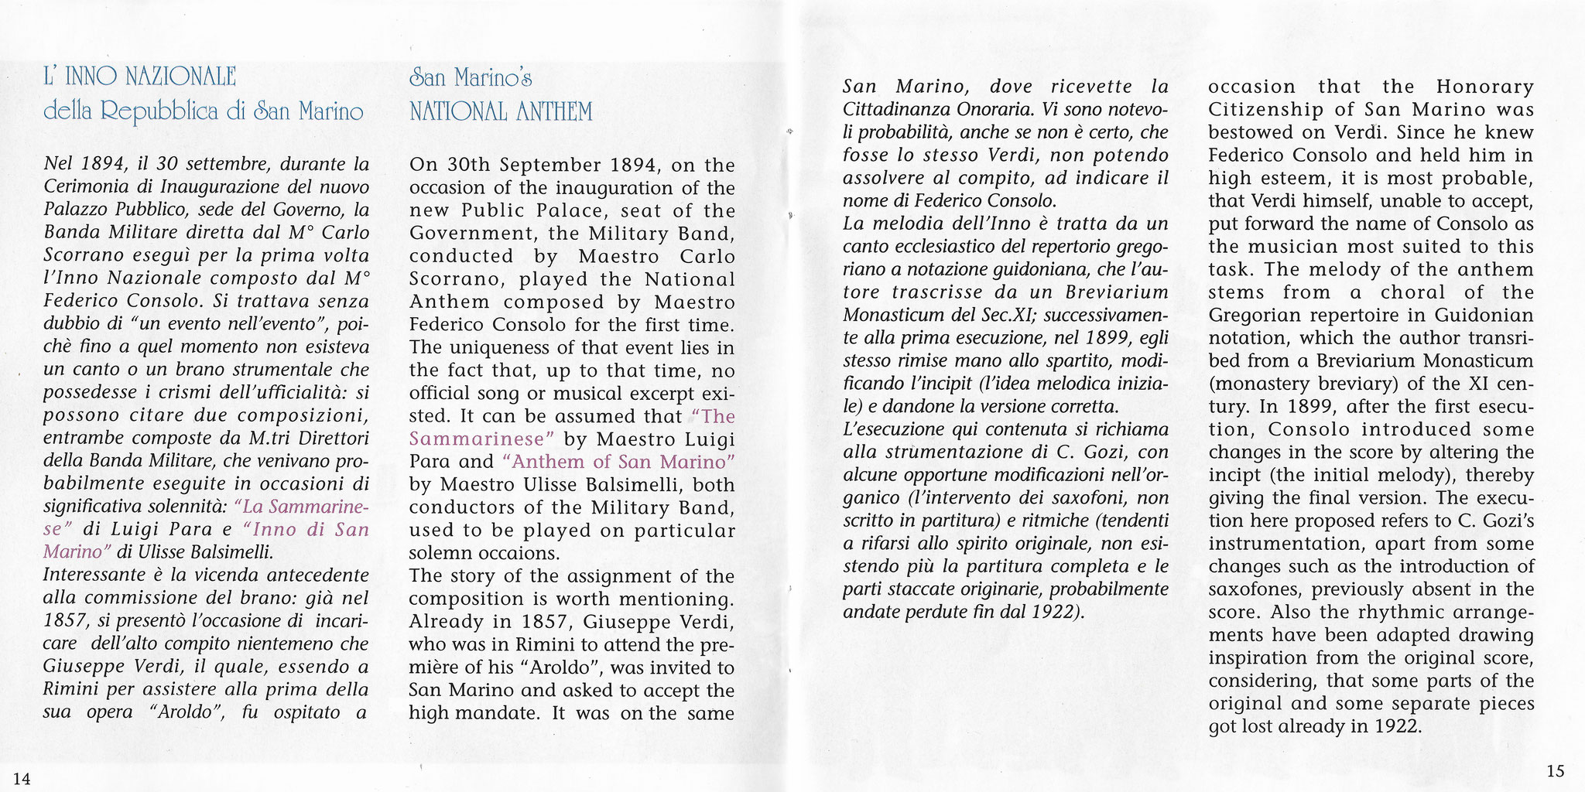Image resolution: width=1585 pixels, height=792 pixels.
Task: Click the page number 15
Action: [x=1556, y=770]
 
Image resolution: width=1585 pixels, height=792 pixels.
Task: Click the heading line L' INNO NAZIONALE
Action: [x=140, y=77]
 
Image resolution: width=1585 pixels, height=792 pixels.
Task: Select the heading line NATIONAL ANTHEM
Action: [x=501, y=112]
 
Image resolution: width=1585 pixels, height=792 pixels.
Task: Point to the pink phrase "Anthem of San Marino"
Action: [x=618, y=462]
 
